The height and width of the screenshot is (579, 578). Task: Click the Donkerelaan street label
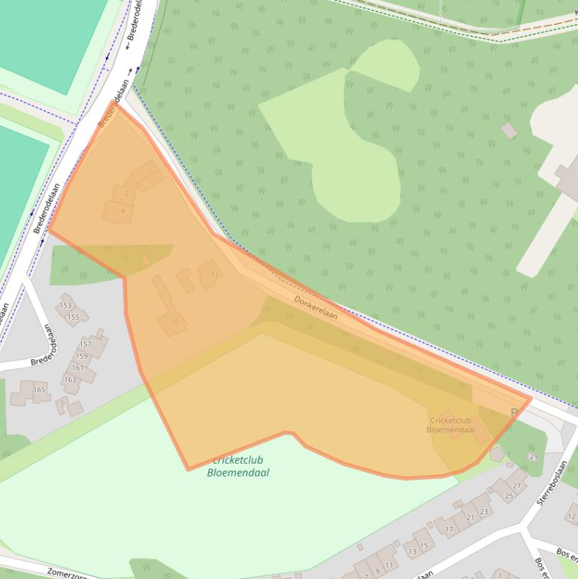[x=316, y=307]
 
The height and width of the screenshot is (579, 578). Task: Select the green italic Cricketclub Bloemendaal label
[x=238, y=466]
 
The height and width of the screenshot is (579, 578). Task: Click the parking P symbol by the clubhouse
[x=514, y=412]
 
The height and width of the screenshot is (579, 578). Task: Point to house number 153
[x=65, y=305]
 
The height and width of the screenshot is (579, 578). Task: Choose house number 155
[x=73, y=317]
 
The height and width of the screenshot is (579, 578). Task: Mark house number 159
[x=81, y=356]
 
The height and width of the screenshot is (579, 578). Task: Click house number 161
[x=77, y=368]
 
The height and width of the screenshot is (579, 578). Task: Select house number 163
[x=70, y=379]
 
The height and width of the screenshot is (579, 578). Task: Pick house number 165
[x=39, y=390]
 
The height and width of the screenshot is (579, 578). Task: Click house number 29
[x=534, y=456]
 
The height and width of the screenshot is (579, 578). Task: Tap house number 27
[x=516, y=486]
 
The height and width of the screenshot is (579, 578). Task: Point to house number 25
[x=509, y=496]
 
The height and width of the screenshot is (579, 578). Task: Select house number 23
[x=483, y=511]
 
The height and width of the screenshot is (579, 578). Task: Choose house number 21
[x=471, y=518]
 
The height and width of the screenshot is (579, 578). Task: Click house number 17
[x=449, y=529]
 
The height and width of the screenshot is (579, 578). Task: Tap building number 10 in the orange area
[x=174, y=322]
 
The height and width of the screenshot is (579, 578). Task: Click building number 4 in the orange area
[x=123, y=211]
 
